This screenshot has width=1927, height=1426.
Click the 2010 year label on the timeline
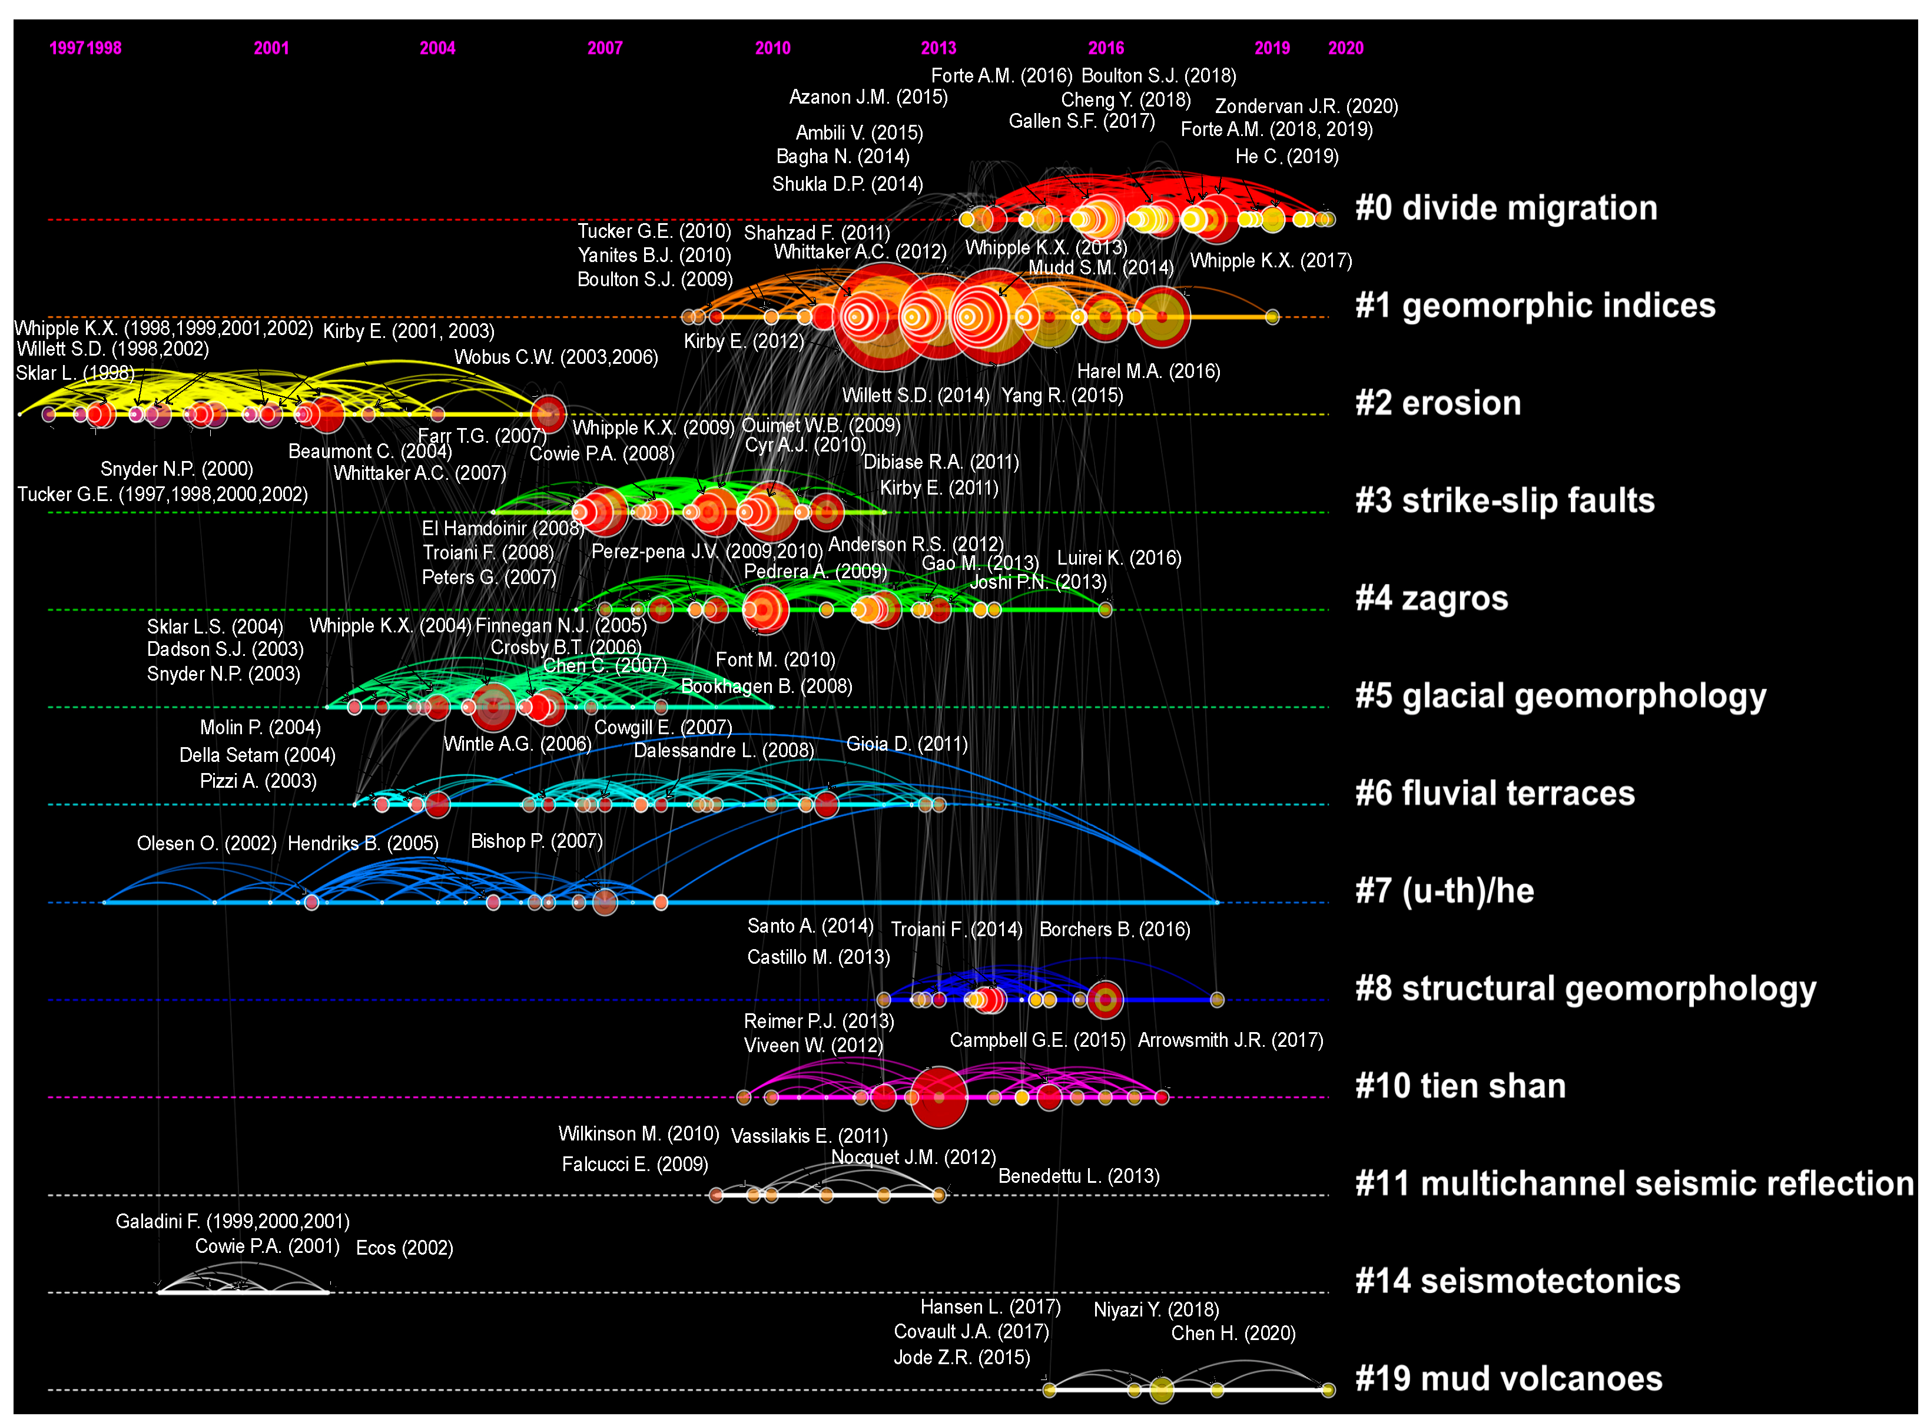pyautogui.click(x=772, y=48)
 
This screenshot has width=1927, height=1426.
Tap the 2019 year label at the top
pyautogui.click(x=1272, y=48)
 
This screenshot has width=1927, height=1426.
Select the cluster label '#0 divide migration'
pyautogui.click(x=1506, y=208)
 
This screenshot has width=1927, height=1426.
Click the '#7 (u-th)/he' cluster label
pyautogui.click(x=1445, y=891)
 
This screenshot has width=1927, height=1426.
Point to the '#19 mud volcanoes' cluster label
pyautogui.click(x=1508, y=1378)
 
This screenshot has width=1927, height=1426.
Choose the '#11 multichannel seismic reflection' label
pyautogui.click(x=1634, y=1183)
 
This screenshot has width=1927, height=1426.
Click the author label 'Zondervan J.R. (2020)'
pyautogui.click(x=1306, y=106)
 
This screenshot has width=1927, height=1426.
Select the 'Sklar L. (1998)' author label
pyautogui.click(x=75, y=373)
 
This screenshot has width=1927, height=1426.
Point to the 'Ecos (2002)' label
pyautogui.click(x=404, y=1248)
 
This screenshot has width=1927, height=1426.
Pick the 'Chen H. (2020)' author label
pyautogui.click(x=1233, y=1334)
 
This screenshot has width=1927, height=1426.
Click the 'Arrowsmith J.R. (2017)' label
pyautogui.click(x=1231, y=1040)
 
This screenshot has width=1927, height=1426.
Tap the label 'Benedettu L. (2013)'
pyautogui.click(x=1079, y=1176)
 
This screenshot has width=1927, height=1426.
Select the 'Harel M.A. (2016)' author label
pyautogui.click(x=1149, y=371)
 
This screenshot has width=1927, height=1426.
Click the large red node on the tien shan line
pyautogui.click(x=939, y=1097)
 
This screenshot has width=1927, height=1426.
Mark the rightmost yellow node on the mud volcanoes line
pyautogui.click(x=1328, y=1389)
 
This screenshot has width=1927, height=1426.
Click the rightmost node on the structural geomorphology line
pyautogui.click(x=1217, y=1000)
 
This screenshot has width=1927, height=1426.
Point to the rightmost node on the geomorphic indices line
pyautogui.click(x=1272, y=317)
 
